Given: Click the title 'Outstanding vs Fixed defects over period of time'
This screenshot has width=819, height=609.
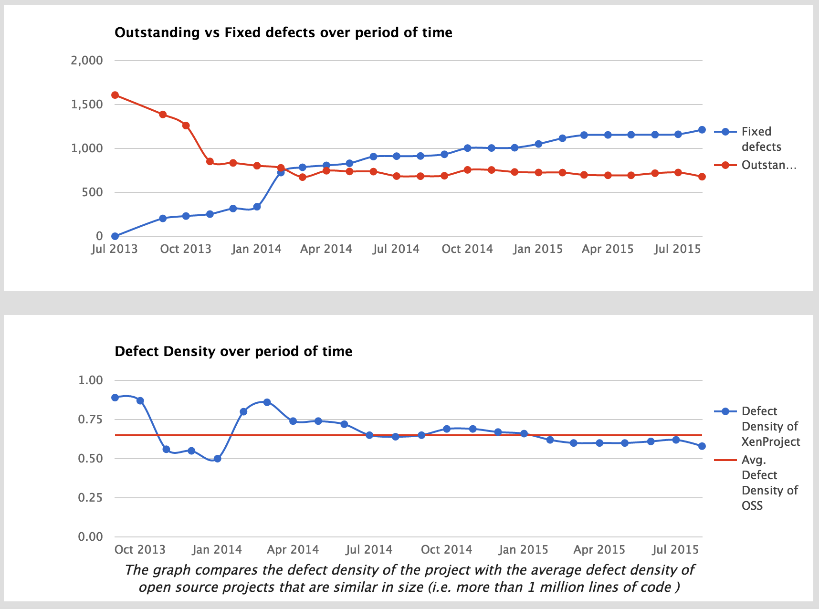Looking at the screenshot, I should point(283,32).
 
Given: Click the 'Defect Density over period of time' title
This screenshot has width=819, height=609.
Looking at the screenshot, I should point(233,351).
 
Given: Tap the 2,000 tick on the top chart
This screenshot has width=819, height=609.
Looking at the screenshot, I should point(87,61).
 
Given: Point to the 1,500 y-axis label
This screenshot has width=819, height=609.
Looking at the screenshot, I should point(87,105).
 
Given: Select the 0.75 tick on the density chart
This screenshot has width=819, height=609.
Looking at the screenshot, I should point(91,420).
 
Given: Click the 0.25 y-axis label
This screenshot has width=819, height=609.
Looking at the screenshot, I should point(91,498).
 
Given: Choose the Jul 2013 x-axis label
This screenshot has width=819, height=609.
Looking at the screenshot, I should point(114,249).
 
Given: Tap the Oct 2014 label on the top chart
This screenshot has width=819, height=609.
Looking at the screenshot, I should point(467,249).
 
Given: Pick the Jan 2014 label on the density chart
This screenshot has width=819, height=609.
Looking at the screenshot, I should point(217,550).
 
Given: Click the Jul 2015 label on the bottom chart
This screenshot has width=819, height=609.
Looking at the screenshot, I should point(675,550).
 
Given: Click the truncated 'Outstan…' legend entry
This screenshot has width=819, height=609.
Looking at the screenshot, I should point(768,165).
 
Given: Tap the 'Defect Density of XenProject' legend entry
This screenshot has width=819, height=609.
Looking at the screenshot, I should point(770,426).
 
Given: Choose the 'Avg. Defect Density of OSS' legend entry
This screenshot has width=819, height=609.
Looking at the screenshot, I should point(769,483).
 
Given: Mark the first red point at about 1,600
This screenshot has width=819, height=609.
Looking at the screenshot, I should point(115,95).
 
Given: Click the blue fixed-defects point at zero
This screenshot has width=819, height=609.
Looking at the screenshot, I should point(115,236).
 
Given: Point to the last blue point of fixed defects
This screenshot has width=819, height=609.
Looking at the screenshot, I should point(702,130).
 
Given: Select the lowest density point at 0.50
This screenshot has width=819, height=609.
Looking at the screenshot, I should point(217,459).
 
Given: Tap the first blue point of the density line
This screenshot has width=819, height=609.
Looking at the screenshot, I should point(115,398).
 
